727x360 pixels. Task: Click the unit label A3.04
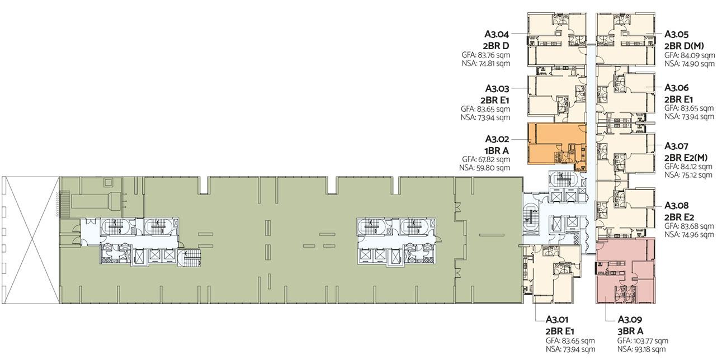497,34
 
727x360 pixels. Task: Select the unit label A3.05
677,34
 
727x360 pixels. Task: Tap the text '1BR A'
497,151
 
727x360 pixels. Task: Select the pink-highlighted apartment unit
625,271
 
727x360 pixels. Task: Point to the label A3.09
630,319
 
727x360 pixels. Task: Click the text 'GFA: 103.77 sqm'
643,341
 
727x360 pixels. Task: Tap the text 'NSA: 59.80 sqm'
484,168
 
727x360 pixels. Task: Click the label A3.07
676,146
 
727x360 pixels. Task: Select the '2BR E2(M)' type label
686,158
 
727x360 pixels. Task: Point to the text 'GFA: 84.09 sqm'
690,55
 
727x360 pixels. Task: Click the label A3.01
557,319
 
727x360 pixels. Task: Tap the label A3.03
497,88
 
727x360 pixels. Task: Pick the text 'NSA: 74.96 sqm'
690,234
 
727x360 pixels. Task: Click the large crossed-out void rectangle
31,240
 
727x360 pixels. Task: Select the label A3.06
677,88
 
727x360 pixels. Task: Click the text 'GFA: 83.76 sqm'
486,55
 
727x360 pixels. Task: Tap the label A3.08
677,205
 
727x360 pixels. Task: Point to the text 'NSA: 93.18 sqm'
641,349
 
